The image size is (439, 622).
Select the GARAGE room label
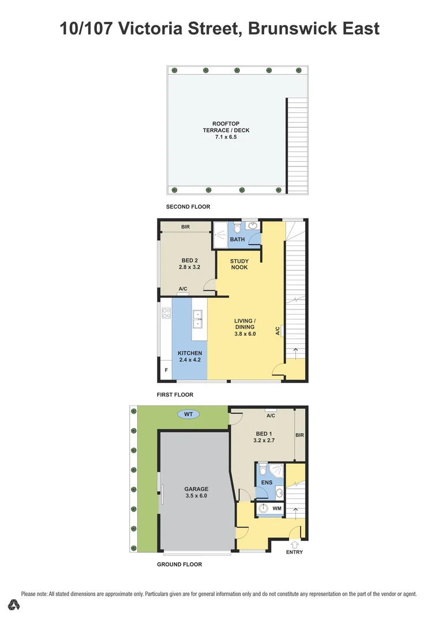point(196,489)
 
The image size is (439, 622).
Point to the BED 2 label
point(189,260)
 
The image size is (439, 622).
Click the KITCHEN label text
point(189,352)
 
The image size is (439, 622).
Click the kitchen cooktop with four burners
point(167,313)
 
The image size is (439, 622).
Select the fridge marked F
point(167,370)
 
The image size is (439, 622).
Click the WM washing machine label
point(276,509)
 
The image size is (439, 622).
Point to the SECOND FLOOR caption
point(188,207)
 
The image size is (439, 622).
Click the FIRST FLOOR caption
point(175,395)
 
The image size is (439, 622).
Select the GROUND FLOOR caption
point(179,564)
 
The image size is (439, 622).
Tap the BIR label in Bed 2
point(185,227)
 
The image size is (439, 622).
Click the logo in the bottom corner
point(14,605)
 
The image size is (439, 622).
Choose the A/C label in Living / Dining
point(277,331)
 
